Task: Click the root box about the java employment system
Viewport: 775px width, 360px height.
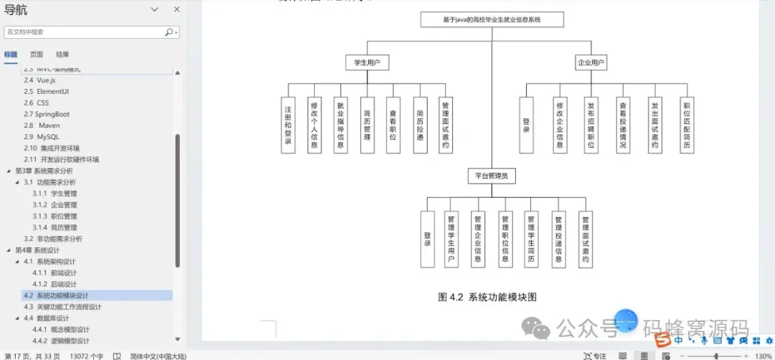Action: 492,19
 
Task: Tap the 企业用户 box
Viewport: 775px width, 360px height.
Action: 591,62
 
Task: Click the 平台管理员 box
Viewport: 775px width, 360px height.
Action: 492,176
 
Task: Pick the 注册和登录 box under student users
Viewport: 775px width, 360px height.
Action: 288,125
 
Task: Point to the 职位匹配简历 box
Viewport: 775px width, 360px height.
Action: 686,125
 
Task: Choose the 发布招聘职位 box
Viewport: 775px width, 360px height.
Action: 591,125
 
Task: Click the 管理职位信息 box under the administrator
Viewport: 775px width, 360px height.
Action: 505,240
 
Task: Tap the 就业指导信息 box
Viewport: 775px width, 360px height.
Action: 340,125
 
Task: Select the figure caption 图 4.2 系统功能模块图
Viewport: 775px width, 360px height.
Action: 487,297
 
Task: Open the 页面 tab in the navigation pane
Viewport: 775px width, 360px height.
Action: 37,55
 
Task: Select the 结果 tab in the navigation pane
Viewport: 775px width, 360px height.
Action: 62,55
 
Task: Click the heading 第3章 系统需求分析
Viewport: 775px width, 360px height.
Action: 44,171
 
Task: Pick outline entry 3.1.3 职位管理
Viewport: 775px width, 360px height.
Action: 55,216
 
